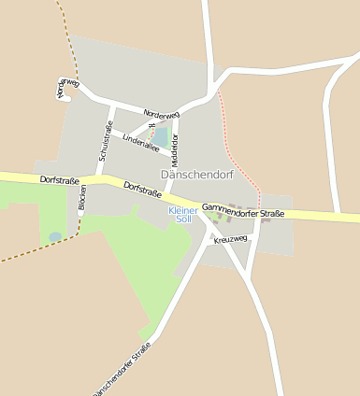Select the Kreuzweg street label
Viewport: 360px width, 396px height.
(x=231, y=240)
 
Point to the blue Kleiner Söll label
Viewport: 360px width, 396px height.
(x=183, y=215)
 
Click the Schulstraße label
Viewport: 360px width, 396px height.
(x=105, y=144)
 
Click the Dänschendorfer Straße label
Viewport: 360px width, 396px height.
(x=122, y=369)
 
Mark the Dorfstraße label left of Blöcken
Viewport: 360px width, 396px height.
(x=59, y=178)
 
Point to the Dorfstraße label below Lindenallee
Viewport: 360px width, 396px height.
(x=143, y=191)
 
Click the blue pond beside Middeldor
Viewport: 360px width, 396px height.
(x=162, y=137)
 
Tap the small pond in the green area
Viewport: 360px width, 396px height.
(x=55, y=237)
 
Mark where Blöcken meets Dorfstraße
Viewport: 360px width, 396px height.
(x=85, y=178)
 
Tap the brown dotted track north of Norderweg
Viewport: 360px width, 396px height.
(x=68, y=37)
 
